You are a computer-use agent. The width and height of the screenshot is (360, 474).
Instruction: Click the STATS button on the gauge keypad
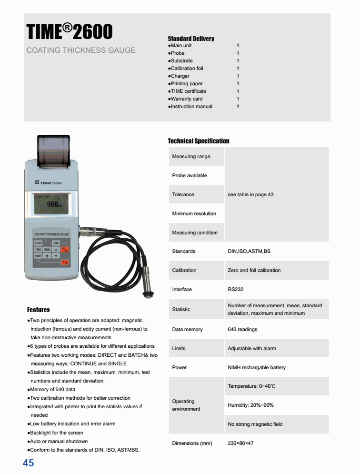[x=38, y=243]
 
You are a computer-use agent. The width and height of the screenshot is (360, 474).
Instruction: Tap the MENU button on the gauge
[x=47, y=250]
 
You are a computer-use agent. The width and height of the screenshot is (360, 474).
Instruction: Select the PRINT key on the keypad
[x=38, y=256]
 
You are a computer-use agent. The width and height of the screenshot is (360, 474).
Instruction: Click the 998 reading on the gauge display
[x=52, y=204]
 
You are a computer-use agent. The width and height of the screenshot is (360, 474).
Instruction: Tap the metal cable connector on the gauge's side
[x=88, y=232]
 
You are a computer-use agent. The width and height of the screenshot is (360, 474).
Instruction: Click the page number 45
[x=28, y=463]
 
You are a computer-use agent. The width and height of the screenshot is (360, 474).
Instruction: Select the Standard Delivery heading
[x=191, y=39]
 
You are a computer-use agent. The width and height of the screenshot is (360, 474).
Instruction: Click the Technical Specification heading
[x=199, y=141]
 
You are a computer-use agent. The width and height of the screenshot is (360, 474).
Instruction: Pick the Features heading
[x=38, y=310]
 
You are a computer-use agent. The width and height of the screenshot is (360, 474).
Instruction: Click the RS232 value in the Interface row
[x=236, y=289]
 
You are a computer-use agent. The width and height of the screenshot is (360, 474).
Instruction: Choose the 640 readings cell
[x=242, y=329]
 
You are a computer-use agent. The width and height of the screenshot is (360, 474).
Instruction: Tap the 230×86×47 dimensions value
[x=240, y=443]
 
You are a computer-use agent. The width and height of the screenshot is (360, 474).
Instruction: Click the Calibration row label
[x=184, y=270]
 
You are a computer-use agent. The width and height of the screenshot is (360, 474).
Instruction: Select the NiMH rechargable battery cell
[x=257, y=367]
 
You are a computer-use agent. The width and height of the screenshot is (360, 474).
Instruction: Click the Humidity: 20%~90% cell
[x=250, y=405]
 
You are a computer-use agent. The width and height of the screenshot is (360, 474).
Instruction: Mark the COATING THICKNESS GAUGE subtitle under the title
[x=81, y=50]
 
